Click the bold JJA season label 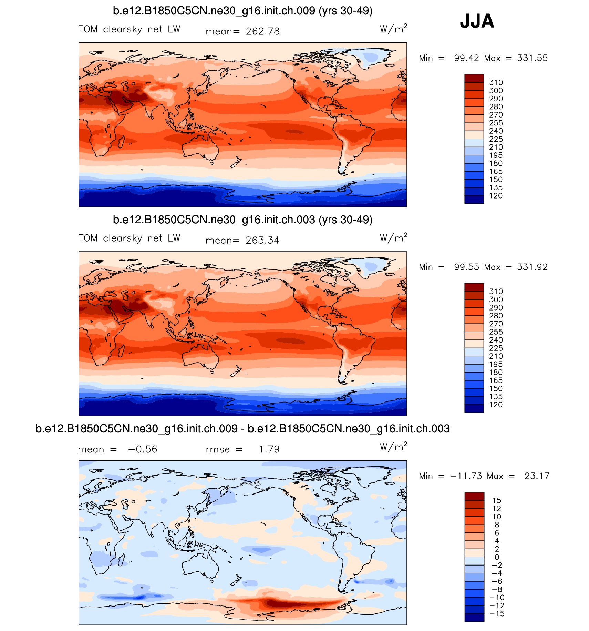click(477, 21)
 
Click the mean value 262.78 click(262, 31)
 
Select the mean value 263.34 click(262, 240)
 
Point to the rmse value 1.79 click(269, 449)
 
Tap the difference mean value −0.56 click(143, 449)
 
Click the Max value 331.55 click(532, 58)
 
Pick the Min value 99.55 click(466, 267)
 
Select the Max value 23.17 click(537, 476)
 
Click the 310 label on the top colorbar click(496, 82)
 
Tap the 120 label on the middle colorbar click(496, 405)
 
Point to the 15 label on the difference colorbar click(497, 500)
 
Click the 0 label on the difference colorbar click(497, 557)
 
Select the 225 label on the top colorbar click(496, 139)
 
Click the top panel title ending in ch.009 click(242, 11)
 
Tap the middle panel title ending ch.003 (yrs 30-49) click(242, 220)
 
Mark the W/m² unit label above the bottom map click(393, 447)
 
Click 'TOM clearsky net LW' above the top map click(129, 29)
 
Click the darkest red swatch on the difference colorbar click(474, 496)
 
